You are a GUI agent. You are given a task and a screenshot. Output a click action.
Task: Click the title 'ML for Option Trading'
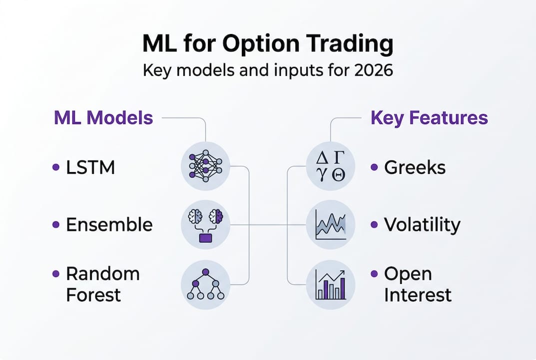tap(268, 44)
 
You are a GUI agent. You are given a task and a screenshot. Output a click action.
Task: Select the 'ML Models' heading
tap(103, 118)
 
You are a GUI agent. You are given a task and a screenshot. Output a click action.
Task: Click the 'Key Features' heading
tap(429, 118)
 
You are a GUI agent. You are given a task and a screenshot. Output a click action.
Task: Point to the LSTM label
tap(90, 167)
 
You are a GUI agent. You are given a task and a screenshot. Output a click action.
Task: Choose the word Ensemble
tap(109, 225)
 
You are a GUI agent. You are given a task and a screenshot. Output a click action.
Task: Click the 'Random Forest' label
tap(103, 284)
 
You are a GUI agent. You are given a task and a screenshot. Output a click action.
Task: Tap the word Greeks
tap(415, 167)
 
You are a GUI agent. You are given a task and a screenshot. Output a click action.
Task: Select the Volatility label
tap(422, 225)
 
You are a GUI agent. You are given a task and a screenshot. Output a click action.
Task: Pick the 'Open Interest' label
tap(418, 284)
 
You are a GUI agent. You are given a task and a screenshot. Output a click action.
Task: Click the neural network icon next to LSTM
tap(205, 165)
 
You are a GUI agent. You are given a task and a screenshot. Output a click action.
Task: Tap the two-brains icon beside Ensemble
tap(205, 224)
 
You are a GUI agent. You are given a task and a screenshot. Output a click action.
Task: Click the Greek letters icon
tap(330, 165)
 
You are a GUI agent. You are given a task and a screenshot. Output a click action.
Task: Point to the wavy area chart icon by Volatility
tap(330, 224)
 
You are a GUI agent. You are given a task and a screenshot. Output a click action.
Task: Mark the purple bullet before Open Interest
tap(374, 274)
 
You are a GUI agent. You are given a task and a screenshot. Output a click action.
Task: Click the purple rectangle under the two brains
tap(205, 237)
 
